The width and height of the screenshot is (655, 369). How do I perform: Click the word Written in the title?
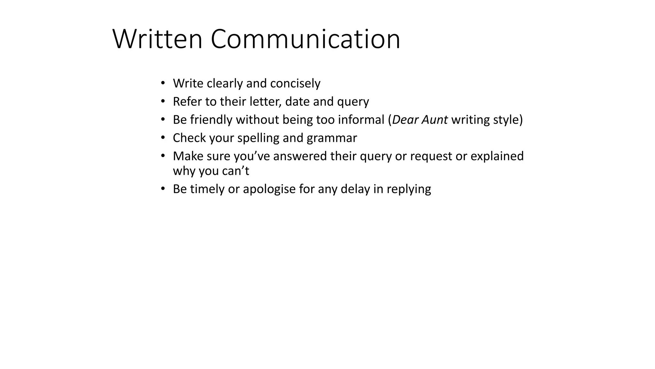157,39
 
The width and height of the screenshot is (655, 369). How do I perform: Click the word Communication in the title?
305,39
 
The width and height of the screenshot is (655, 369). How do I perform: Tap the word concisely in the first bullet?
295,83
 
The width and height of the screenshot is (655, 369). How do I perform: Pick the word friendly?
211,120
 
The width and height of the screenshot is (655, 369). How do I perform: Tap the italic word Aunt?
435,120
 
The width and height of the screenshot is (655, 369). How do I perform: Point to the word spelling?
258,138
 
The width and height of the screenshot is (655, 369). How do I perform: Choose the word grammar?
332,138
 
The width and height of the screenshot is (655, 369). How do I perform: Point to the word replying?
409,189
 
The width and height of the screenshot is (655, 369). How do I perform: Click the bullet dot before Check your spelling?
163,138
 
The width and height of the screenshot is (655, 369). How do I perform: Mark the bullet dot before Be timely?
163,189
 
